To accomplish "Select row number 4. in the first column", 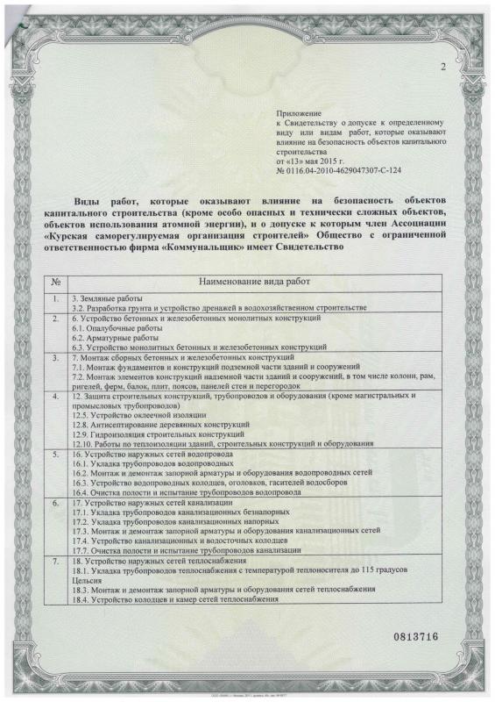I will (x=55, y=397).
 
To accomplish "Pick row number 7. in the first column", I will (x=55, y=559).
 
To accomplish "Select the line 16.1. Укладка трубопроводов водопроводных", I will (x=146, y=463).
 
